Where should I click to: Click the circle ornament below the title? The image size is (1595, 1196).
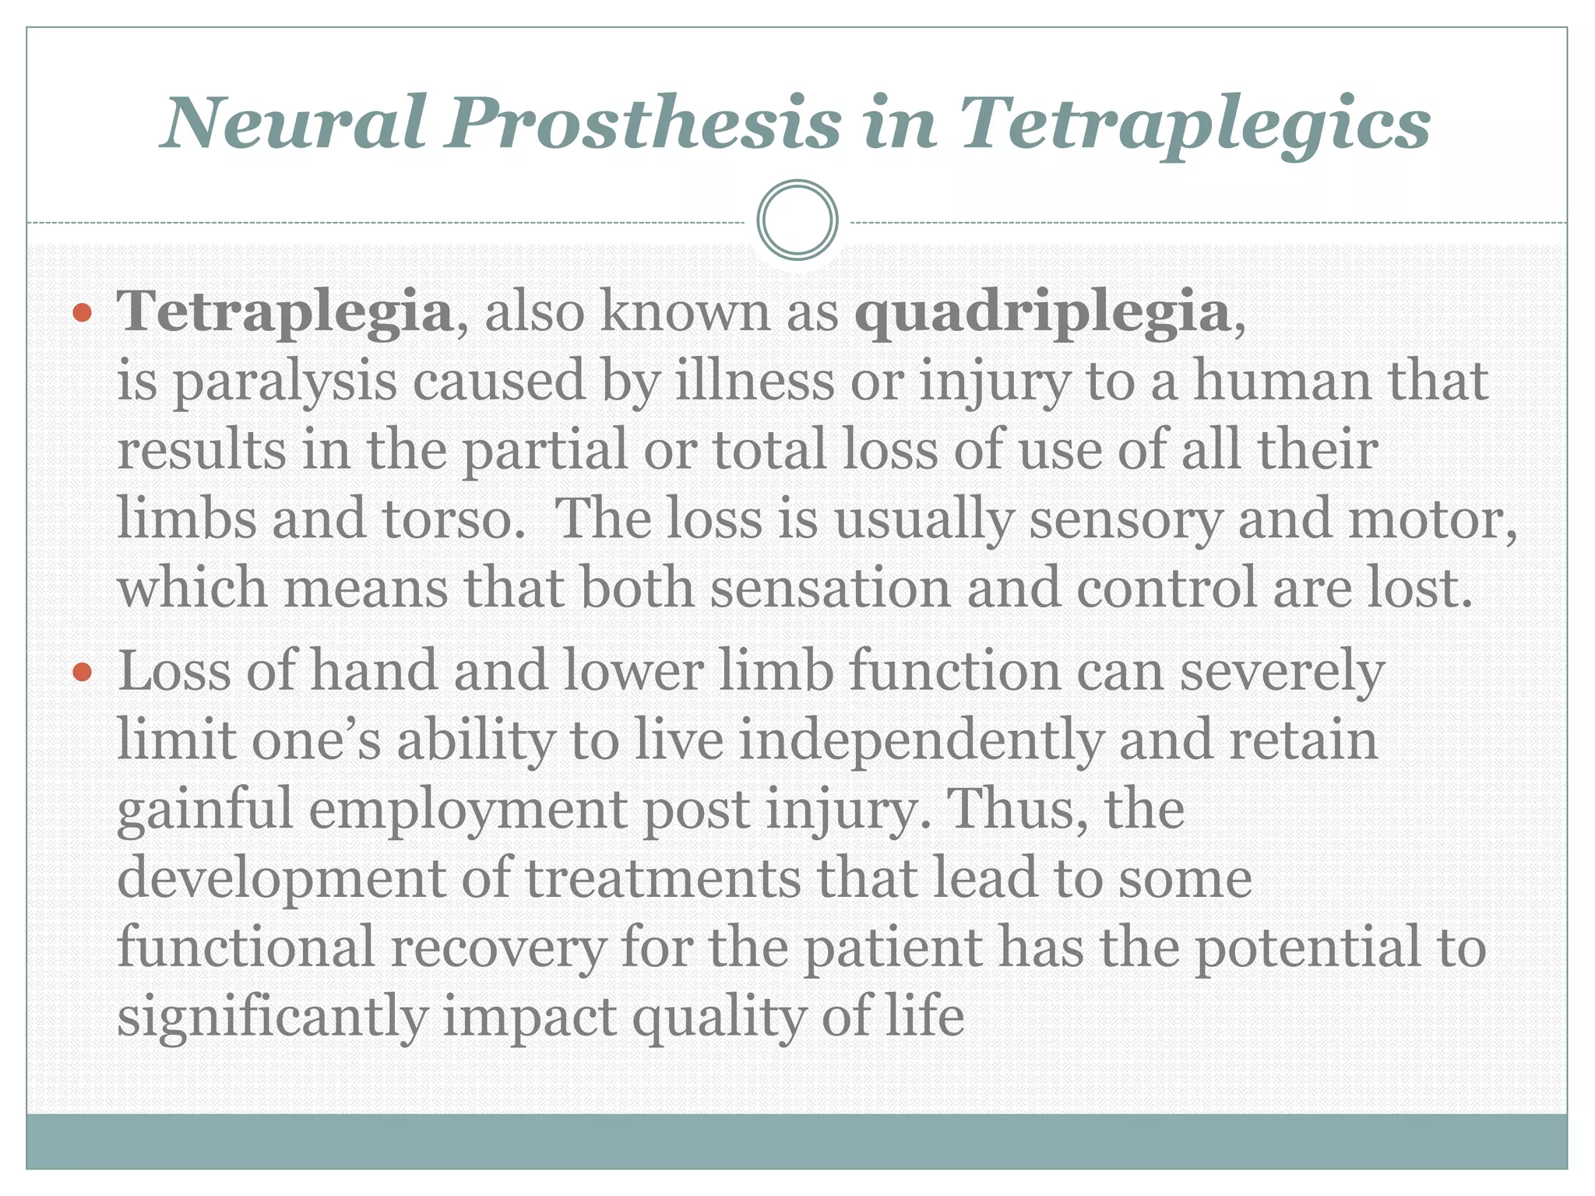click(797, 220)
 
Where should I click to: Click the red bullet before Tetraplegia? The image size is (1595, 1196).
click(82, 315)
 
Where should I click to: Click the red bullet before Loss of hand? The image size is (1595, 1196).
click(82, 672)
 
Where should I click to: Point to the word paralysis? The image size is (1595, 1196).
click(284, 383)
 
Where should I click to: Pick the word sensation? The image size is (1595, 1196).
click(829, 588)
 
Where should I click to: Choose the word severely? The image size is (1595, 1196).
click(1281, 672)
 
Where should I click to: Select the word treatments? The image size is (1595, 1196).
click(663, 878)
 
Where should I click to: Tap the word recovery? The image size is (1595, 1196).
click(498, 948)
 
